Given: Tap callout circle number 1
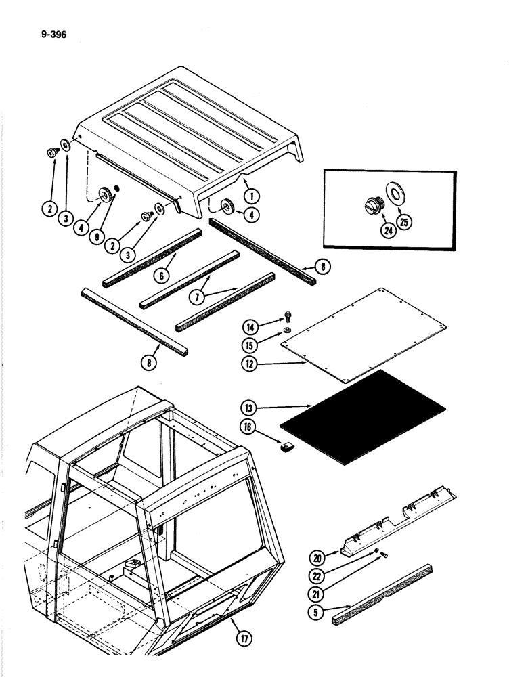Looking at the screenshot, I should point(253,197).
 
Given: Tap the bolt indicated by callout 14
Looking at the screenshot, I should point(289,314).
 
